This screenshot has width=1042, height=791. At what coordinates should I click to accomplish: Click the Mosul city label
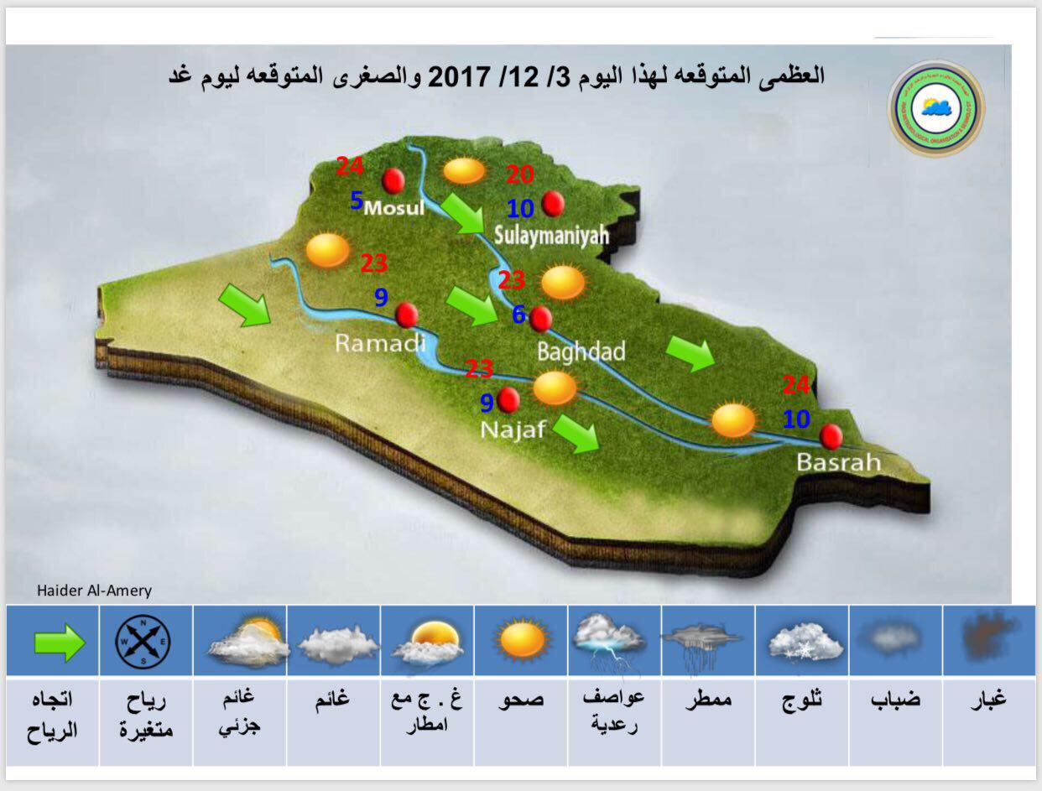point(394,207)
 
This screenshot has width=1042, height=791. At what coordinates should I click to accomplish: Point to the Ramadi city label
point(380,342)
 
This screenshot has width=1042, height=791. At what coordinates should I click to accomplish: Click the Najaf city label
point(513,430)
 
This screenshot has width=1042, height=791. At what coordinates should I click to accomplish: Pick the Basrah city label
point(838,461)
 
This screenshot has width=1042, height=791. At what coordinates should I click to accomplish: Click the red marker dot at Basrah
point(831,437)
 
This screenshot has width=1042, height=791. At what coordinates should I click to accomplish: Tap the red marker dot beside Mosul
point(393,180)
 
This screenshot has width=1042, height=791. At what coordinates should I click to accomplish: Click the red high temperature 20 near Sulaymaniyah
point(520,174)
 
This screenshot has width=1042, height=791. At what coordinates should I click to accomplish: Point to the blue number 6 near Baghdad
point(518,315)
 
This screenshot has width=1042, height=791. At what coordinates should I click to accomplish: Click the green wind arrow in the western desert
point(245,305)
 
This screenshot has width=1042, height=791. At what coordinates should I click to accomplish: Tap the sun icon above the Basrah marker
point(734,419)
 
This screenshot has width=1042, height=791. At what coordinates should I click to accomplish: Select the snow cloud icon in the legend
point(805,643)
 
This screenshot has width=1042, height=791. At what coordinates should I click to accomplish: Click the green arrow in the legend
point(60,643)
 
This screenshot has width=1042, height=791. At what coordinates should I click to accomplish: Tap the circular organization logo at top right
point(936,108)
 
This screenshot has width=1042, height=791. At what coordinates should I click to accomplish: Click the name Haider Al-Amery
point(94,591)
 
